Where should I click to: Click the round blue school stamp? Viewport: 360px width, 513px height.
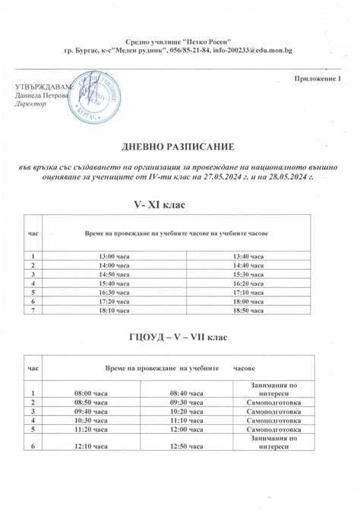95,95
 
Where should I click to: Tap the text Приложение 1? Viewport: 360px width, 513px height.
317,79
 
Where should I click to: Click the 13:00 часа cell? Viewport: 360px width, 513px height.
113,256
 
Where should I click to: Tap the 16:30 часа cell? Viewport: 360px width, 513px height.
113,291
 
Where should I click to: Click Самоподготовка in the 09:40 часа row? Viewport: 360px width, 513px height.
271,410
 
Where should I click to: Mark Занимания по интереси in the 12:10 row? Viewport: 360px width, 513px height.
271,442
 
